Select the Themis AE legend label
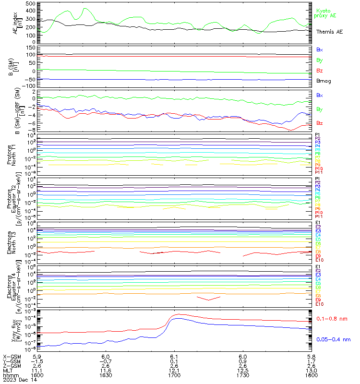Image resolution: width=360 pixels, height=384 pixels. [x=329, y=31]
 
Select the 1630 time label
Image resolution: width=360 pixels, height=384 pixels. [x=106, y=375]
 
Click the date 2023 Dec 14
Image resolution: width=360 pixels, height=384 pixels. [x=18, y=380]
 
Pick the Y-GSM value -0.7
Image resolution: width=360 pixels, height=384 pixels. [x=106, y=361]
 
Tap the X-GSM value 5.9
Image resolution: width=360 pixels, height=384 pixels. [x=37, y=357]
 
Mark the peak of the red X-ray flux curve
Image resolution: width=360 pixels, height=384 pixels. [x=179, y=314]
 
